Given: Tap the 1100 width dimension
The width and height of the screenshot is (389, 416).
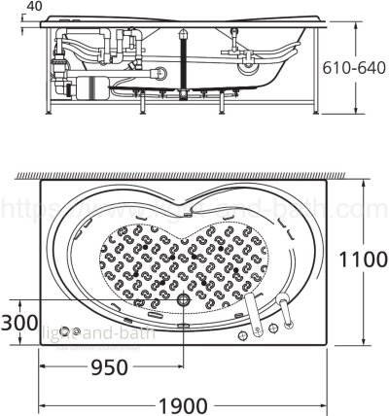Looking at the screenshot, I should [x=361, y=260].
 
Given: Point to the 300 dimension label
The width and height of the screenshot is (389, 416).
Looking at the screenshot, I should [x=18, y=321].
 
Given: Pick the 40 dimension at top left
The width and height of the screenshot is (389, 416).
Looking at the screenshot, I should [x=35, y=7].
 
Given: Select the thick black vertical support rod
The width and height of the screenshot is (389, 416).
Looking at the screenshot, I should [x=182, y=63].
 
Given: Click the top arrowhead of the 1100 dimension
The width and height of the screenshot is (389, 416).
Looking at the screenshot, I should [x=361, y=180].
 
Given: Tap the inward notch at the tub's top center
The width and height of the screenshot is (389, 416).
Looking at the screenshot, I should [x=191, y=210].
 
